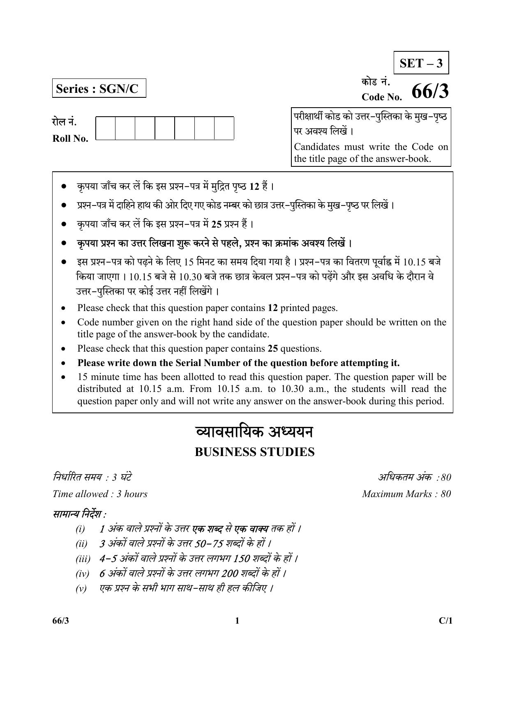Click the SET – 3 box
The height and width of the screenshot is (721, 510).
tap(421, 63)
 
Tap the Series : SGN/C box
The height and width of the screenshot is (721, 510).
tap(99, 89)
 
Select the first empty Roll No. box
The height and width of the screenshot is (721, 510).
tap(106, 128)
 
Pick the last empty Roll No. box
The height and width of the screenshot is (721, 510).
tap(224, 128)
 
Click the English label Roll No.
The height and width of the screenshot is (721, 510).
tap(70, 138)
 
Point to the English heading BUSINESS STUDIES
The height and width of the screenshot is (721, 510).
tap(254, 452)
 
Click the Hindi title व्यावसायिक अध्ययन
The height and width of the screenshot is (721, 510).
tap(254, 433)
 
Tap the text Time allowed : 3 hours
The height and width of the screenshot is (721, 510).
tap(100, 494)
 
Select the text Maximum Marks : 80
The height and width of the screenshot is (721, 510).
tap(406, 494)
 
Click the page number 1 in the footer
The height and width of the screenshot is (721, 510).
tap(237, 621)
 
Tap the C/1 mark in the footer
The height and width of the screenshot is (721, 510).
tap(445, 621)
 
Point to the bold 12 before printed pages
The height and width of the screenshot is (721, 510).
tap(272, 308)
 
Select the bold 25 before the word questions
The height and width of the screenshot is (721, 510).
tap(272, 348)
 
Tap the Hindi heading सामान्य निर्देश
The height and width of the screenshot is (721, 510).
tap(79, 514)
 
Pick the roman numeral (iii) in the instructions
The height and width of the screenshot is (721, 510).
tap(83, 559)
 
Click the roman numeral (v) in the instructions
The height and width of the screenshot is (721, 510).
tap(81, 589)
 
